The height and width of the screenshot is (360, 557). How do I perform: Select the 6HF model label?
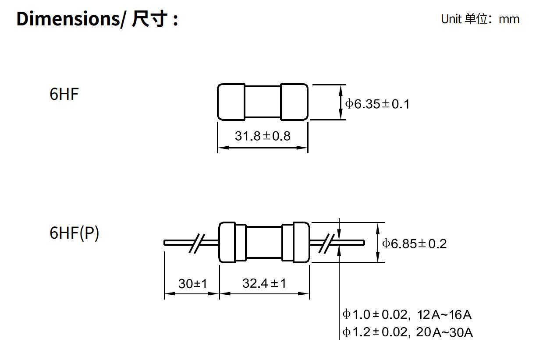pyautogui.click(x=64, y=95)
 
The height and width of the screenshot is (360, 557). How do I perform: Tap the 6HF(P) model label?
pyautogui.click(x=74, y=233)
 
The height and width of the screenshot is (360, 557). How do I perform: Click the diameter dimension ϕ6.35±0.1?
pyautogui.click(x=377, y=104)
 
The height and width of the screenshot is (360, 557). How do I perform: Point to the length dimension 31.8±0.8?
pyautogui.click(x=263, y=136)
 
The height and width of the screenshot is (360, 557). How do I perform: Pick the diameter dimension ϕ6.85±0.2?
pyautogui.click(x=415, y=244)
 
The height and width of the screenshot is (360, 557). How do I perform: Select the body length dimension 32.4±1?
pyautogui.click(x=264, y=283)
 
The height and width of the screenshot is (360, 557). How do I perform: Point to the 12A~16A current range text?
pyautogui.click(x=444, y=314)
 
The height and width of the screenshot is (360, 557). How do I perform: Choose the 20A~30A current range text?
pyautogui.click(x=444, y=332)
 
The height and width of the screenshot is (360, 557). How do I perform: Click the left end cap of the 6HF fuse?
pyautogui.click(x=231, y=102)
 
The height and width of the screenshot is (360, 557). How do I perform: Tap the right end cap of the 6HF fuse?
pyautogui.click(x=294, y=102)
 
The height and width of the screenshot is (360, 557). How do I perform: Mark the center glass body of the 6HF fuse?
pyautogui.click(x=263, y=102)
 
